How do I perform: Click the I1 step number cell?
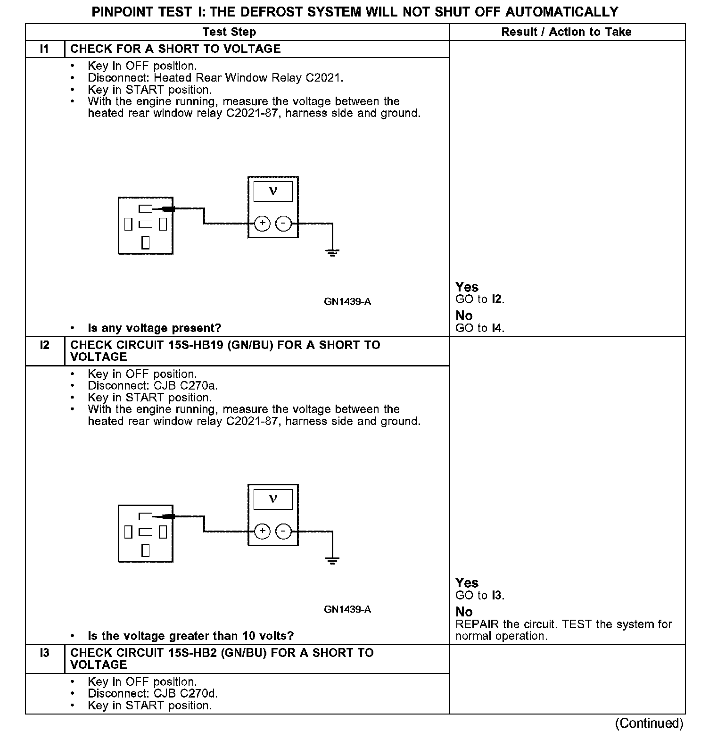pyautogui.click(x=44, y=49)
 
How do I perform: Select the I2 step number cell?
pyautogui.click(x=44, y=345)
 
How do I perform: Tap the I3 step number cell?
pyautogui.click(x=44, y=653)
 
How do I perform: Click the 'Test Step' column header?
pyautogui.click(x=229, y=32)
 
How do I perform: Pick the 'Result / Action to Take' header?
pyautogui.click(x=566, y=32)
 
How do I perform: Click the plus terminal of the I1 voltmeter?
pyautogui.click(x=262, y=224)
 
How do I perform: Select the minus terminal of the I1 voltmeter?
pyautogui.click(x=283, y=224)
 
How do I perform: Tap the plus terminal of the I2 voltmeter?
pyautogui.click(x=262, y=532)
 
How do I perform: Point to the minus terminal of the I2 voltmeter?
pyautogui.click(x=283, y=532)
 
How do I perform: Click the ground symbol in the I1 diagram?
pyautogui.click(x=332, y=253)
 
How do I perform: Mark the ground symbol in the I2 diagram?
pyautogui.click(x=332, y=561)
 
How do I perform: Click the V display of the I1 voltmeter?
pyautogui.click(x=273, y=191)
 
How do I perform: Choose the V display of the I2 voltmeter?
pyautogui.click(x=273, y=499)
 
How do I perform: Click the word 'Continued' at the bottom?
pyautogui.click(x=649, y=723)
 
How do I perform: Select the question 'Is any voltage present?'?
pyautogui.click(x=154, y=328)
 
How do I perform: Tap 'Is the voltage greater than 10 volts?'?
pyautogui.click(x=190, y=636)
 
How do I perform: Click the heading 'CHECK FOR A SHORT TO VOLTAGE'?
pyautogui.click(x=175, y=49)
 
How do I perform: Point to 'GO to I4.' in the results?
pyautogui.click(x=480, y=328)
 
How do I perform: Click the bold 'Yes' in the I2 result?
pyautogui.click(x=467, y=583)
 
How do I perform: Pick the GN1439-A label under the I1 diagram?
pyautogui.click(x=347, y=302)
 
